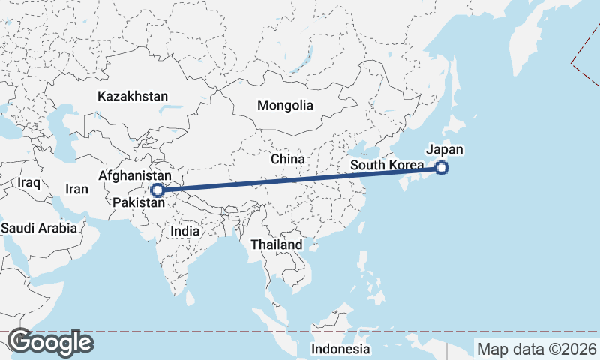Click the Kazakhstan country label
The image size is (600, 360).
(133, 97)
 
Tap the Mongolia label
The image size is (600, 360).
(285, 106)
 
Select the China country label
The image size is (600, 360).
(288, 160)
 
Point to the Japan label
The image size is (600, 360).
(445, 149)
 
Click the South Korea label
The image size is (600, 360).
(387, 165)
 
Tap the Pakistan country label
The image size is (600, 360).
(139, 202)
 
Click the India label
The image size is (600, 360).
(185, 232)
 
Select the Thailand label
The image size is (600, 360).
(277, 244)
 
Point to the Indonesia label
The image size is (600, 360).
(341, 349)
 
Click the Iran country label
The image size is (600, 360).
(77, 190)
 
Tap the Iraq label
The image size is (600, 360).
(28, 182)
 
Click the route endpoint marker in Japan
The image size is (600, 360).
(442, 168)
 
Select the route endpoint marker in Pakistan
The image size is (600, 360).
(157, 190)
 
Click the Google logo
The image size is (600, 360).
(51, 343)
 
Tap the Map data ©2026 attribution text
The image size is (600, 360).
(537, 349)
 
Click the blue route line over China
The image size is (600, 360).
(300, 179)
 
